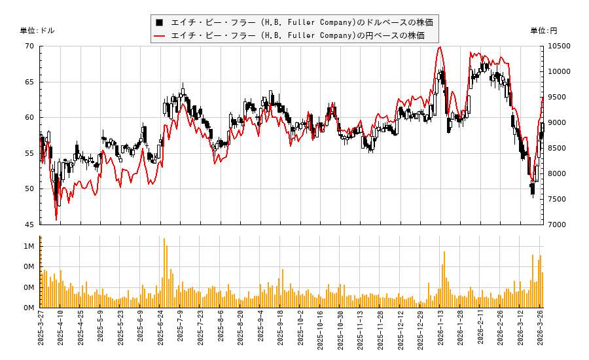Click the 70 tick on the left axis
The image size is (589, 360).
coord(29,46)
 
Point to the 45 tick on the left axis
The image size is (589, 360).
coord(29,225)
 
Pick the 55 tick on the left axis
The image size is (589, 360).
coord(29,153)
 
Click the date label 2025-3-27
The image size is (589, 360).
coord(41,331)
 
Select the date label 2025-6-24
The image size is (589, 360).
coord(161,331)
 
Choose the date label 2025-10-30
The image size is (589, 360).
coord(341,331)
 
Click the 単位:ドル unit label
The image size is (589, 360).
coord(37,31)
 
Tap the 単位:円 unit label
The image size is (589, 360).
coord(543,31)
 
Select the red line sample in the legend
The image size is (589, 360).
coord(159,35)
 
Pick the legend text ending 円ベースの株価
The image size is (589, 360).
coord(298,35)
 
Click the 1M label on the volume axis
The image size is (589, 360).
coord(29,246)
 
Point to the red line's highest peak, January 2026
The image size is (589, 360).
coord(440,47)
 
